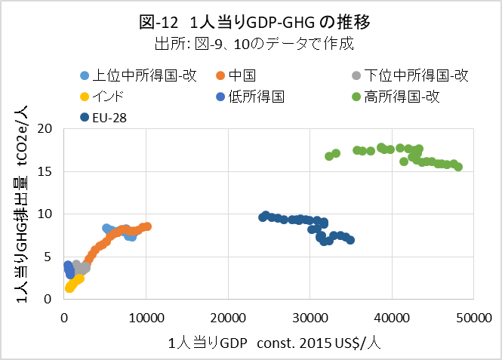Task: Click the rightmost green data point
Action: [x=458, y=167]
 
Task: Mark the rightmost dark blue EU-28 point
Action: [x=350, y=240]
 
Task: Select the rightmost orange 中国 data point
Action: [x=147, y=226]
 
